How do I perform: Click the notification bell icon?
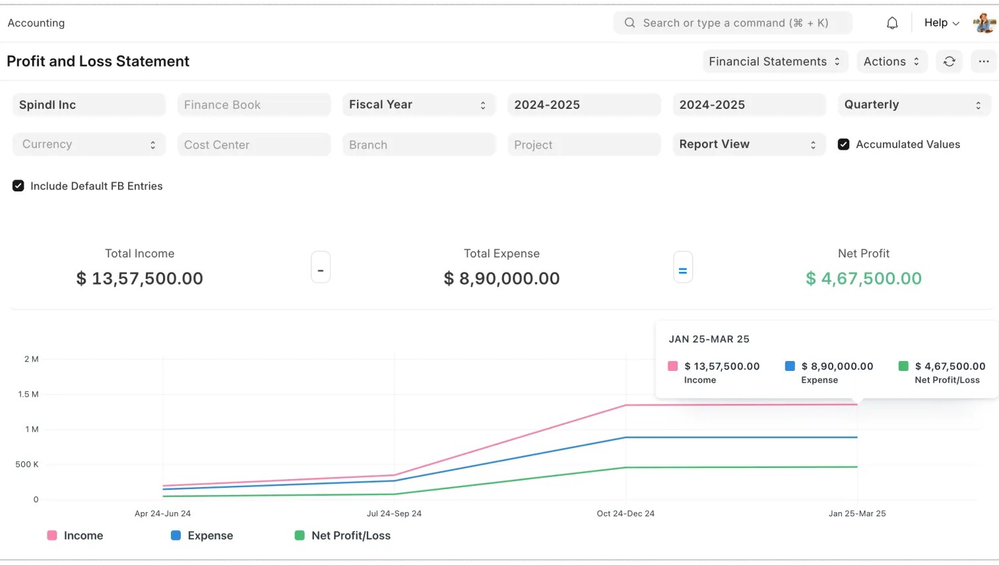892,23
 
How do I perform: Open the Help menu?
941,23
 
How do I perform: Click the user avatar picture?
984,23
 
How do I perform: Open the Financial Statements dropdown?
774,61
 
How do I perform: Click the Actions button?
891,61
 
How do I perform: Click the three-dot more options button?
983,61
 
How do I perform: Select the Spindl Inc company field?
88,105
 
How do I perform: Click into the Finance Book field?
253,105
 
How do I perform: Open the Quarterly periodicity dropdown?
913,105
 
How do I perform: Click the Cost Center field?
253,145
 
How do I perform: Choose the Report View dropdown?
748,145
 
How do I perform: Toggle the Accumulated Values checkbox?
843,145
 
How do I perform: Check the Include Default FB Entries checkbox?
18,186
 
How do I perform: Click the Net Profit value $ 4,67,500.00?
863,279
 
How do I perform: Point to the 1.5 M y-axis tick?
28,394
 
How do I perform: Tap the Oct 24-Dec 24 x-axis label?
626,514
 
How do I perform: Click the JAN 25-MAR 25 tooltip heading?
709,339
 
